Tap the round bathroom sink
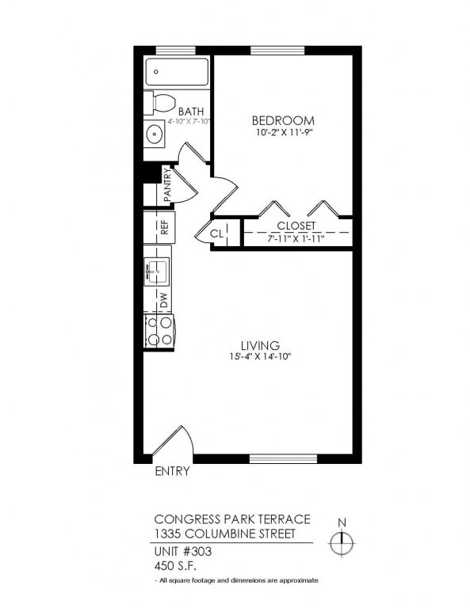[154, 133]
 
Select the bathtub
[177, 74]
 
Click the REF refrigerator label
[164, 229]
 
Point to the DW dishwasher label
[163, 301]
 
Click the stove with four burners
[159, 331]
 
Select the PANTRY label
[167, 184]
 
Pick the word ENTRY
[172, 472]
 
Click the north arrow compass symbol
[343, 545]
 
